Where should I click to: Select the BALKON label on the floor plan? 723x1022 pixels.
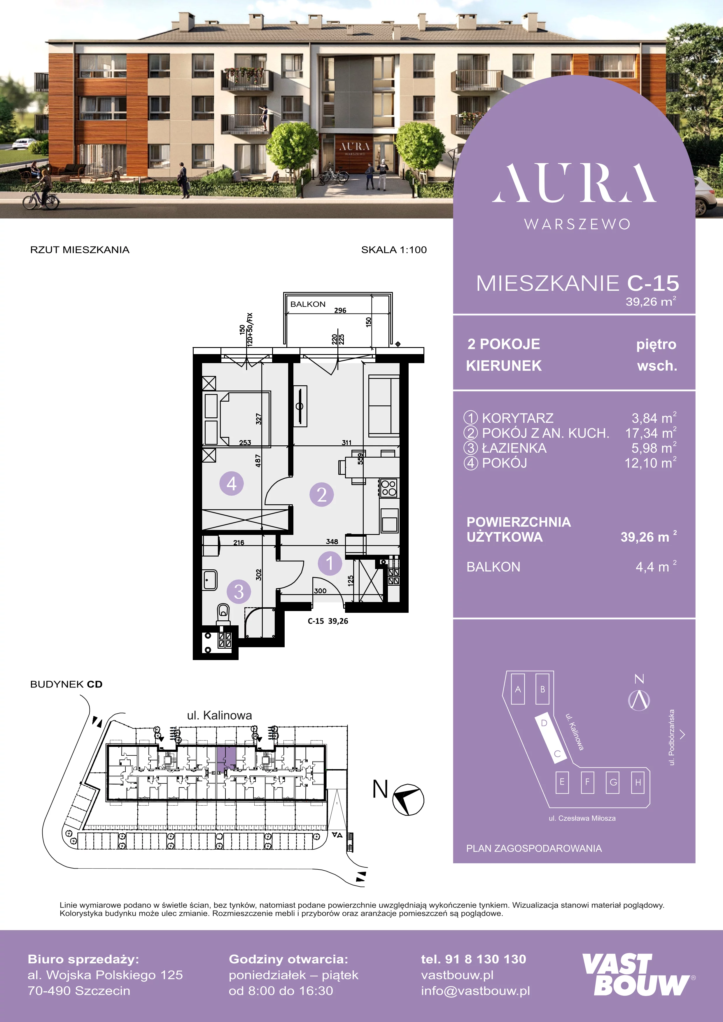[x=308, y=304]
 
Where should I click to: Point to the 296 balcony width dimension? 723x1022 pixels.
[x=340, y=310]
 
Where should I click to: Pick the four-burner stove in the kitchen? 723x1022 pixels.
[x=389, y=488]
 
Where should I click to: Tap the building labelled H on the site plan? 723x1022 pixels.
[x=638, y=782]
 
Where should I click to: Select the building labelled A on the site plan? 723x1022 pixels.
[x=518, y=689]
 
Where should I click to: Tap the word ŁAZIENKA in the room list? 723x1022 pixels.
[x=514, y=448]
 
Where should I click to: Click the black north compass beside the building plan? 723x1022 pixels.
[x=408, y=799]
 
